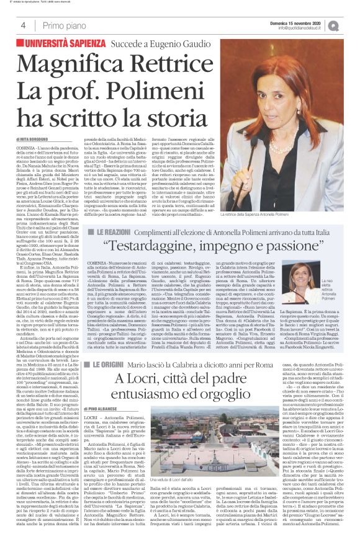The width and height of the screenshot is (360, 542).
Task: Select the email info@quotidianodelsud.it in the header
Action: tap(302, 27)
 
